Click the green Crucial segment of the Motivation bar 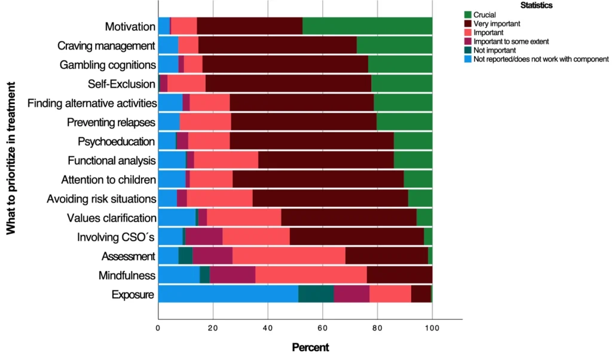[367, 26]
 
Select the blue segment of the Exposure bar [228, 294]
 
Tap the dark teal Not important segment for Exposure [316, 294]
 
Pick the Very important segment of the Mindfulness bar [399, 275]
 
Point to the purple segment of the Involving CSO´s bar [204, 237]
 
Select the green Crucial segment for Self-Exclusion [401, 84]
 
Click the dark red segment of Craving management [277, 45]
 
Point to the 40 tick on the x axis [268, 328]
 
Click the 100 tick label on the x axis [432, 328]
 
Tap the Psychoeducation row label [117, 142]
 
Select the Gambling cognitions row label [108, 65]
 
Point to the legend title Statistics [535, 5]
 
